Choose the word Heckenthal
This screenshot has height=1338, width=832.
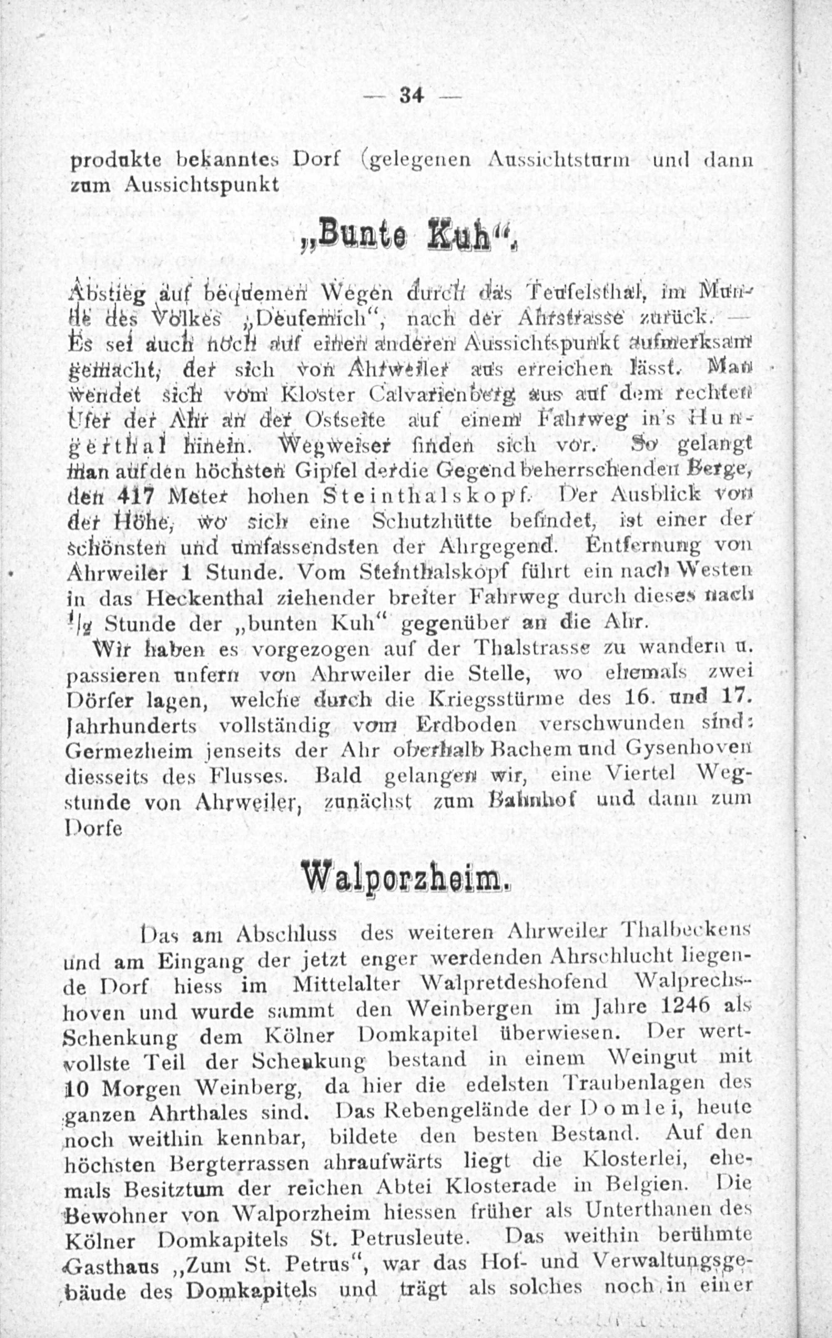click(203, 598)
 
